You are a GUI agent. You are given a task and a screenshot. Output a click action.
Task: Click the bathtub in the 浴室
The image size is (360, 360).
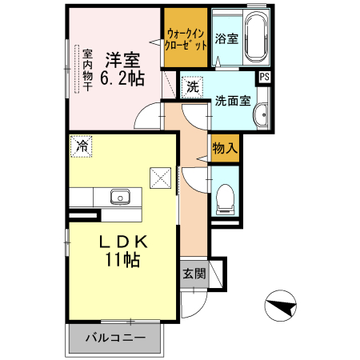point(256,37)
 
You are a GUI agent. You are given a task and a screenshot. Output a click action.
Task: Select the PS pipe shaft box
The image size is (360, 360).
point(264,77)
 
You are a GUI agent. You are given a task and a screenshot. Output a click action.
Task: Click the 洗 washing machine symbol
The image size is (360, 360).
point(192,87)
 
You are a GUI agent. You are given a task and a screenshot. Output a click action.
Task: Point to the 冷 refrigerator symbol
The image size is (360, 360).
point(82,146)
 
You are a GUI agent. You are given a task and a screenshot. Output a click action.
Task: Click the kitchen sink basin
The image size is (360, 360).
point(120,197)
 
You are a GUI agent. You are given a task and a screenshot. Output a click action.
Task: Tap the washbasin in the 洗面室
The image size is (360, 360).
point(261,115)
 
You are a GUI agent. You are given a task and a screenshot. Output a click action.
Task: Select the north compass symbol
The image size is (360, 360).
point(281,306)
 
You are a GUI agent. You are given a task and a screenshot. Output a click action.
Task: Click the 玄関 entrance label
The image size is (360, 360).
point(194,274)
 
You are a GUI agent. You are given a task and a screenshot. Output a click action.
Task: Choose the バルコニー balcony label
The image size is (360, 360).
point(115,338)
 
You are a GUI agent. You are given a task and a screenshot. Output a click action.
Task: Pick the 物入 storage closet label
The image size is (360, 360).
point(225,148)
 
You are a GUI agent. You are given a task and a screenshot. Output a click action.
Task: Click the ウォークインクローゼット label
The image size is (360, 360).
point(186,40)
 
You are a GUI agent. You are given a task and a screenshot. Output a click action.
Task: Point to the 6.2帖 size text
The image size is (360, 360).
point(122,78)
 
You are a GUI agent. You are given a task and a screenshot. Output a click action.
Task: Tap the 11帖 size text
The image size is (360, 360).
point(122,259)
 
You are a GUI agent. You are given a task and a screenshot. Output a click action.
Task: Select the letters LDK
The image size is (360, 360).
point(123,242)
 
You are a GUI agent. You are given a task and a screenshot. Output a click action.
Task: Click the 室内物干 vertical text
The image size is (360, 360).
point(87,70)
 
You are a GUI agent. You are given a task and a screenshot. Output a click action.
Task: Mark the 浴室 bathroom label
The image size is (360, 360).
point(226,39)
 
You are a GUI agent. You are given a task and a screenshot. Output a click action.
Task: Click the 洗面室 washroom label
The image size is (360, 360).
point(233,101)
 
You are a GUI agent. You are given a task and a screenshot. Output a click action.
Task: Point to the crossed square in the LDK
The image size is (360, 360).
point(161,178)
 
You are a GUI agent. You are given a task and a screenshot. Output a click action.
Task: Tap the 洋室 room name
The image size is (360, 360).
point(123,61)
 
